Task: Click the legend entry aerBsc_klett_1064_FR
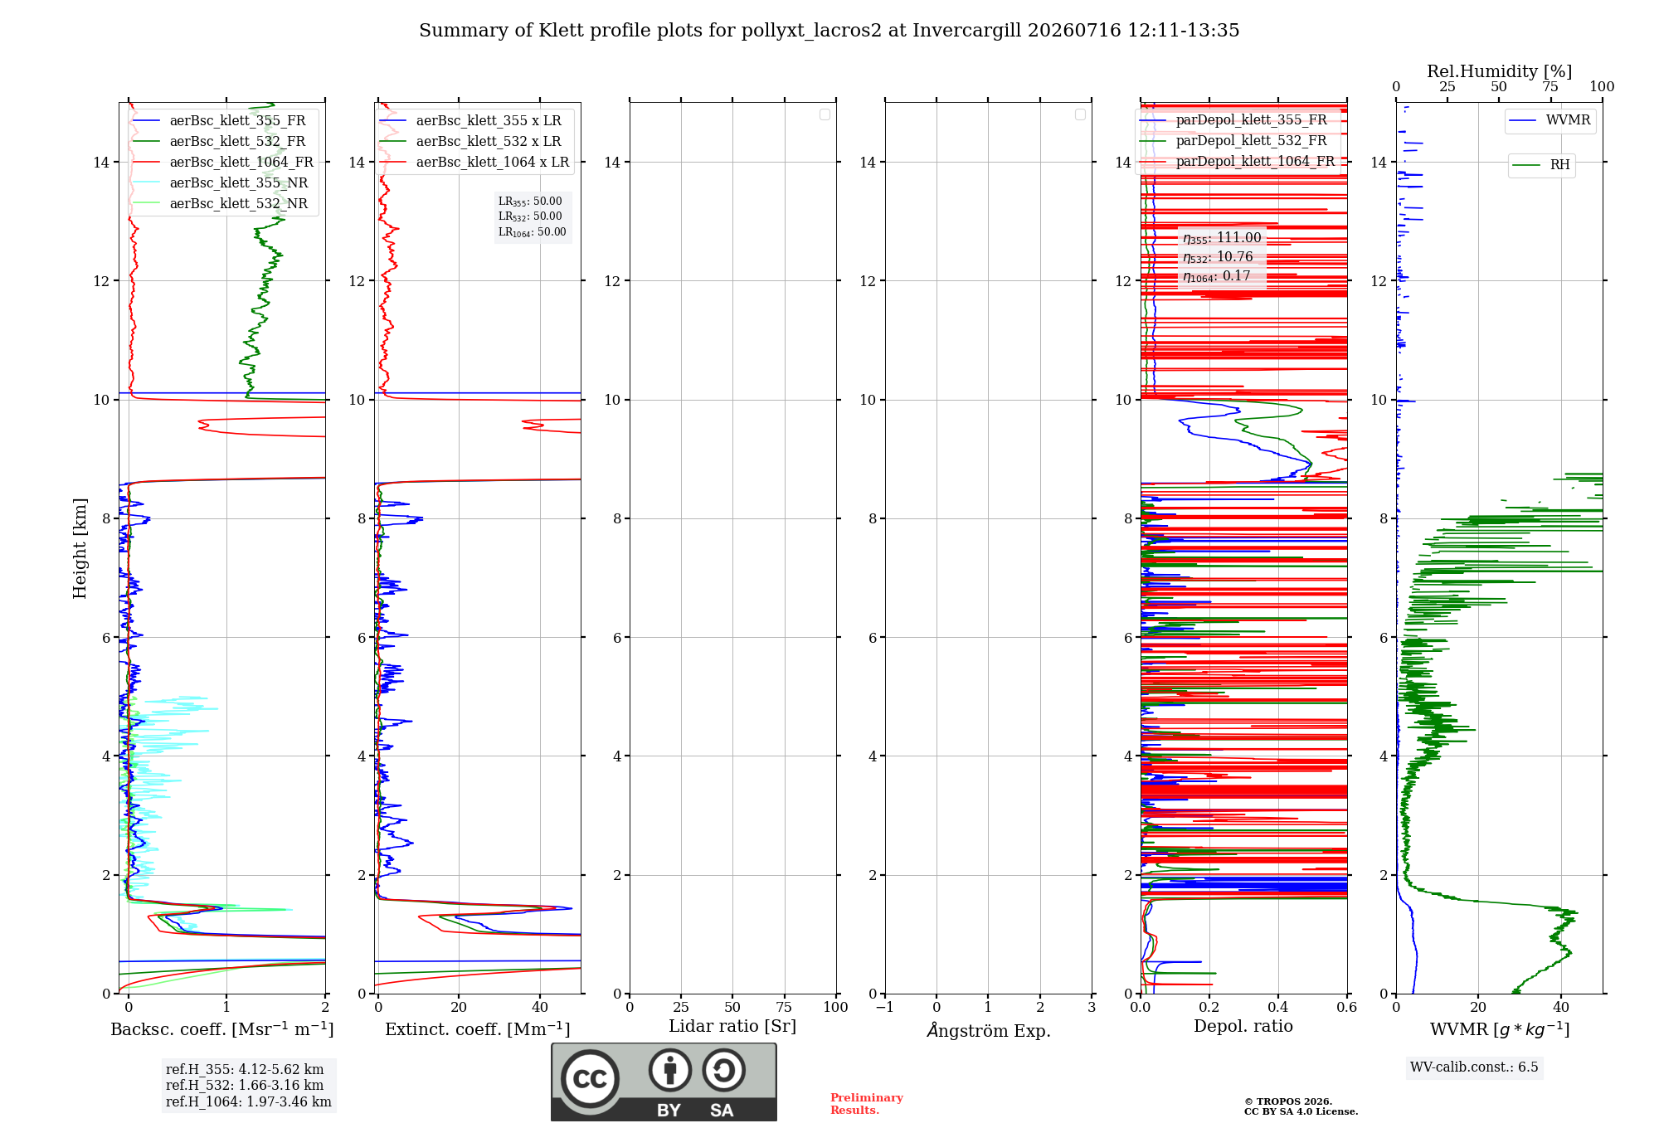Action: click(223, 163)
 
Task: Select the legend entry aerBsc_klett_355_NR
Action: click(221, 183)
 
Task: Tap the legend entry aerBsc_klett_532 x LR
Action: click(470, 142)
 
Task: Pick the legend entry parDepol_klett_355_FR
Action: click(1233, 120)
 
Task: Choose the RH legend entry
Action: click(1541, 165)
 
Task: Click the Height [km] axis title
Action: click(80, 548)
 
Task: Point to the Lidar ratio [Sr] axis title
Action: click(732, 1027)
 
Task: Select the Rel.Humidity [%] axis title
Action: click(1500, 71)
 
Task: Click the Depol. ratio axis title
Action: click(1243, 1026)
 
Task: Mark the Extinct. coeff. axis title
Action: click(478, 1029)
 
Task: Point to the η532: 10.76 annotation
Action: click(1218, 257)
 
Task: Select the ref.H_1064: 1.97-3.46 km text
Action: click(249, 1101)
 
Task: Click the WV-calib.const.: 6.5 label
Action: click(1474, 1067)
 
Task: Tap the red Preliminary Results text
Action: click(867, 1104)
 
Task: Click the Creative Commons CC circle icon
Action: click(590, 1079)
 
